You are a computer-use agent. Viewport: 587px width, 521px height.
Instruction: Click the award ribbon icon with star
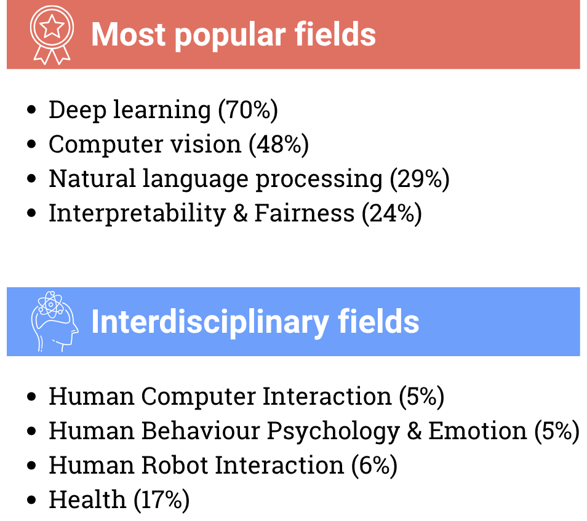tap(52, 35)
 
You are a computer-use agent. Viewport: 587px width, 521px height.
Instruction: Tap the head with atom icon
tap(55, 321)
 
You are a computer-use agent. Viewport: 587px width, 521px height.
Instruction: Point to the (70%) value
tap(248, 110)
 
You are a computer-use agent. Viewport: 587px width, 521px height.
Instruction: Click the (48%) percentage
tap(279, 145)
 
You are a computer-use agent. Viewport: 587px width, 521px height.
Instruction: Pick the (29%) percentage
tap(420, 179)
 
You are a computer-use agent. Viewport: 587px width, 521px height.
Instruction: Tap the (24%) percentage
tap(392, 213)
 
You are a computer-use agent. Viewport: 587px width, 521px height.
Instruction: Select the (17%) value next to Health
tap(161, 500)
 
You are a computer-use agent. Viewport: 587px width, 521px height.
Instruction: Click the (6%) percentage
tap(374, 466)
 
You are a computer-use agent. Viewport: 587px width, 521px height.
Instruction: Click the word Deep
tap(78, 111)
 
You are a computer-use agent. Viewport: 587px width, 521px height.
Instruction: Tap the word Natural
tap(92, 178)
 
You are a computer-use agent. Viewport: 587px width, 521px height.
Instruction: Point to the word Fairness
tap(305, 213)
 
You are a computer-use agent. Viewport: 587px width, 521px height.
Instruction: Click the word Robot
tap(174, 465)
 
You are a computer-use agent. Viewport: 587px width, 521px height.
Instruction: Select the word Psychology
tap(333, 432)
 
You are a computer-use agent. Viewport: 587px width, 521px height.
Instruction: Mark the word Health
tap(87, 499)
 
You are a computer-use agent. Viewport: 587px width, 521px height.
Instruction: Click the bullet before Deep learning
tap(32, 110)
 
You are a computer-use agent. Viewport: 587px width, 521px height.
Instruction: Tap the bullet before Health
tap(32, 500)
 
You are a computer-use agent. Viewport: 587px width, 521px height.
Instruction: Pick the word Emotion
tap(477, 431)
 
